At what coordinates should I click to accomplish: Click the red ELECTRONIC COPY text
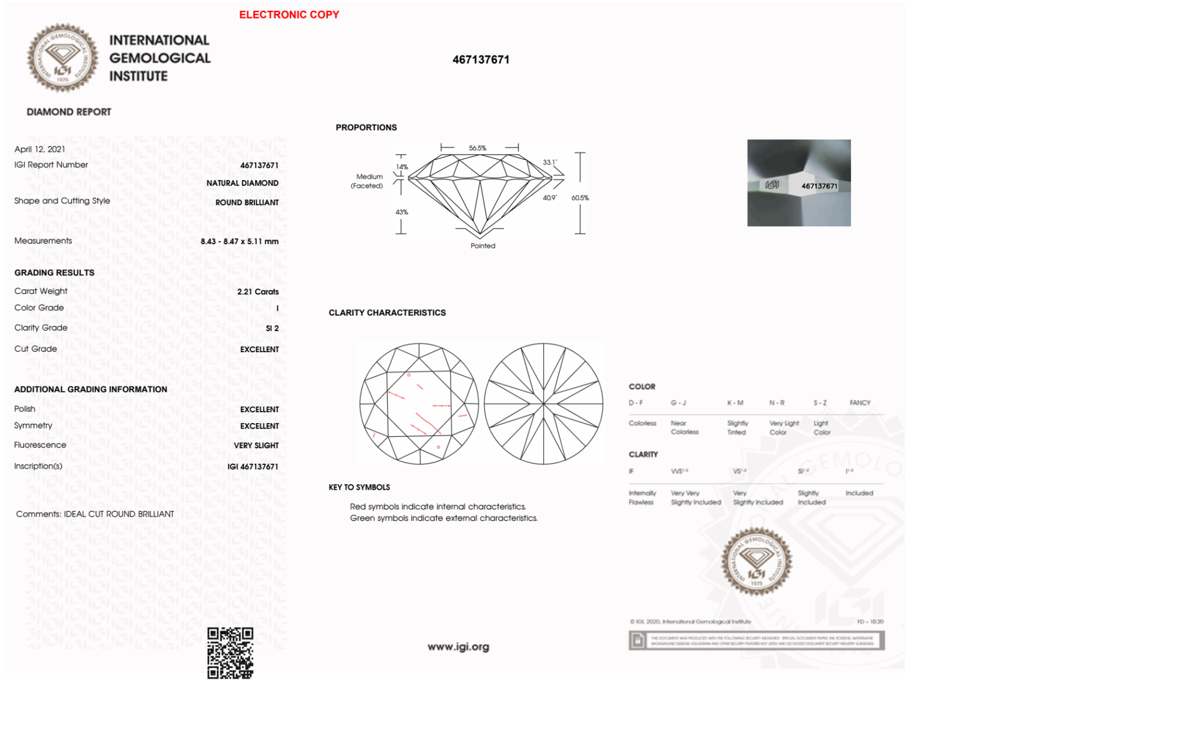point(289,15)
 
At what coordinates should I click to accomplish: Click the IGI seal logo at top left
point(62,58)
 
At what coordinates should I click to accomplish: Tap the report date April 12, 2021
point(40,149)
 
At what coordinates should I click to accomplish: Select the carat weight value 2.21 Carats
point(257,292)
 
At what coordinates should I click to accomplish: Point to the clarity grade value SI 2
point(272,328)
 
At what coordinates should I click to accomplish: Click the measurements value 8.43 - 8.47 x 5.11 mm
point(239,241)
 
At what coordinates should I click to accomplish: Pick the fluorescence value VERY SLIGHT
point(256,445)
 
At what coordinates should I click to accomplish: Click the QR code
point(230,653)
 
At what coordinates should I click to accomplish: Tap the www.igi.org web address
point(458,647)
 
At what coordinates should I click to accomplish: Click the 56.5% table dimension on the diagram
point(478,148)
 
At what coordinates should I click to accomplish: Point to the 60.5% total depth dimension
point(580,198)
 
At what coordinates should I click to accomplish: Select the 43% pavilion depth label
point(402,212)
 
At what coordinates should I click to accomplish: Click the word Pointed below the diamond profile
point(483,246)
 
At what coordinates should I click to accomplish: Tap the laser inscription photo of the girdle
point(798,183)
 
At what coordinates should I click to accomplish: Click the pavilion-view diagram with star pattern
point(543,404)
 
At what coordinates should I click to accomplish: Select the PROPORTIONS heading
point(366,128)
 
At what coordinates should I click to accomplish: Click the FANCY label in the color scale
point(859,403)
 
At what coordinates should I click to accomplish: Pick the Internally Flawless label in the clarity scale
point(642,497)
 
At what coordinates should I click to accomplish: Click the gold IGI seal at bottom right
point(756,562)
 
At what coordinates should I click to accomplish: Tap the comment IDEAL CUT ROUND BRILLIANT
point(119,514)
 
